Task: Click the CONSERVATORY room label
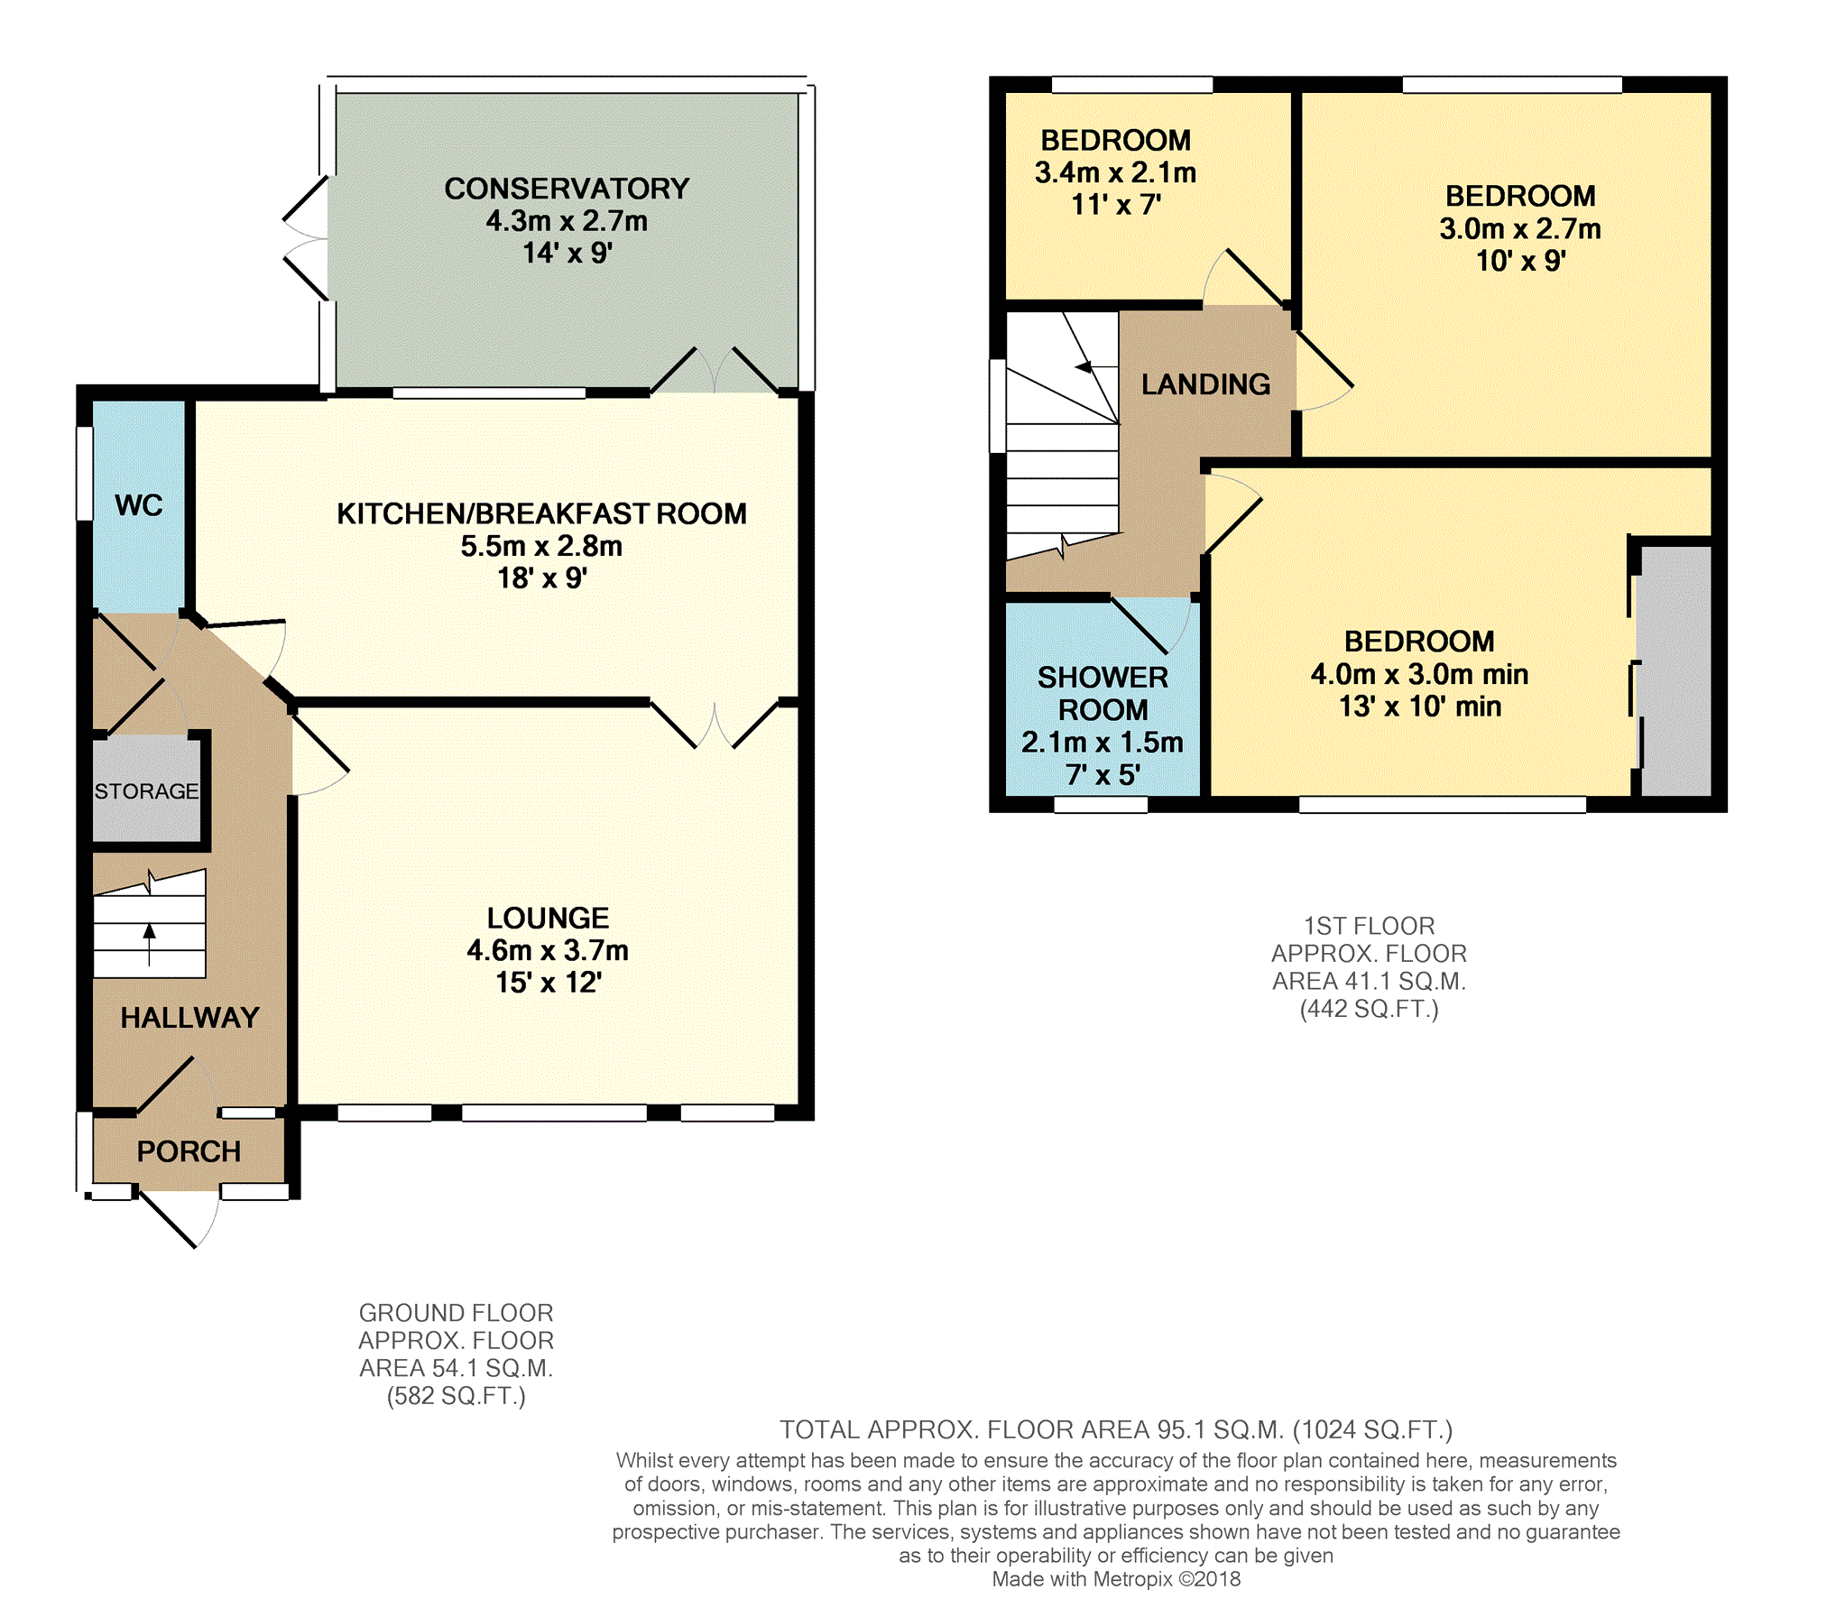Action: coord(567,189)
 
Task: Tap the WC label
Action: coord(139,505)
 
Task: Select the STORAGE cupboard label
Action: coord(146,791)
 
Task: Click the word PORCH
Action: coord(189,1151)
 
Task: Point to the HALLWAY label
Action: coord(189,1018)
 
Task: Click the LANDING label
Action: coord(1205,384)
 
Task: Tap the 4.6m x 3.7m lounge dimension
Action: coord(548,950)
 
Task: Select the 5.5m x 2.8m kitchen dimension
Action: coord(541,546)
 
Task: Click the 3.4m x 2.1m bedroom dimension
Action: coord(1115,172)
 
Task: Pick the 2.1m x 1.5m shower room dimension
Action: coord(1102,743)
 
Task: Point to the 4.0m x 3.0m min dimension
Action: coord(1419,674)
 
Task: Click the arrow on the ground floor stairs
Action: coord(150,944)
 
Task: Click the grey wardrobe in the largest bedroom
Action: coord(1675,670)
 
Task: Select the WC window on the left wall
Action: coord(84,473)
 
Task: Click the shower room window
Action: coord(1101,805)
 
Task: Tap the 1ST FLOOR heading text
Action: coord(1369,926)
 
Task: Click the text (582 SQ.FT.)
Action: coord(456,1396)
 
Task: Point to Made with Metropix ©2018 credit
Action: coord(1116,1579)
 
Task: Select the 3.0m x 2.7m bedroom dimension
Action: coord(1520,229)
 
